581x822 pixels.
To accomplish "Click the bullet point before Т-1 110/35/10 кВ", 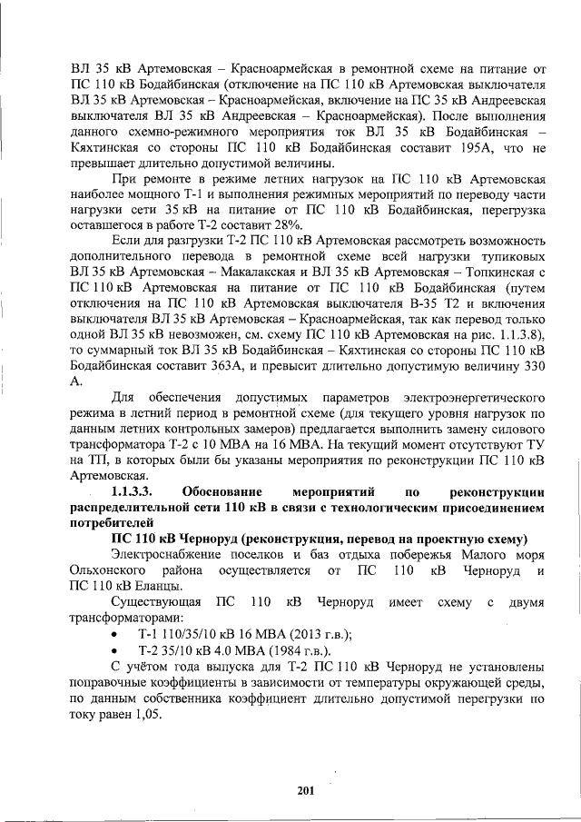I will (113, 635).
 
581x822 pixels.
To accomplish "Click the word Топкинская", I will (494, 270).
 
